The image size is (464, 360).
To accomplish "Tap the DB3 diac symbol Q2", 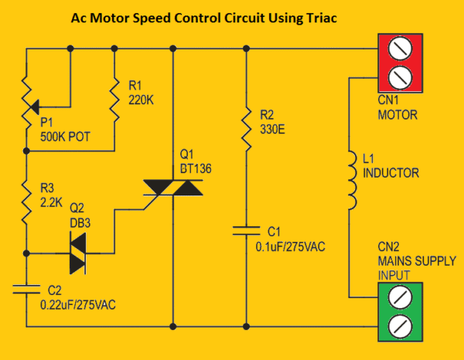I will (77, 253).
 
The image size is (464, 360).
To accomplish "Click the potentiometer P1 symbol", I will (27, 97).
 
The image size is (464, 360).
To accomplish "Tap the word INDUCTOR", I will (391, 173).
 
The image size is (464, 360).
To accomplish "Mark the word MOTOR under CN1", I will (397, 116).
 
